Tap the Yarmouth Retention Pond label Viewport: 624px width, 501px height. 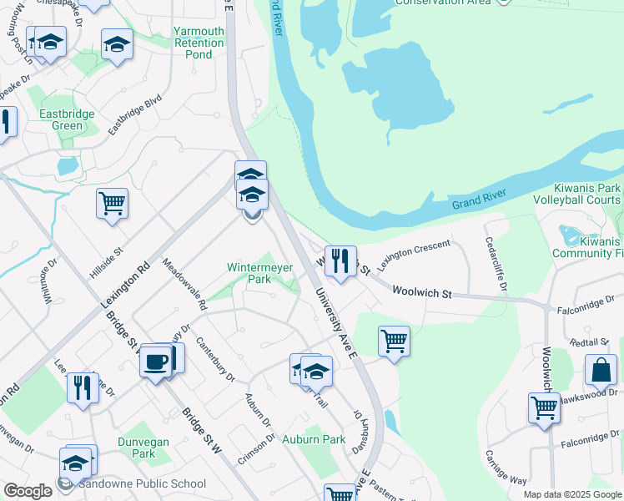pyautogui.click(x=199, y=43)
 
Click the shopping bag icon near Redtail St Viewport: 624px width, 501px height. pyautogui.click(x=601, y=371)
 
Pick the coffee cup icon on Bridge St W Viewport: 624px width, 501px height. pyautogui.click(x=156, y=362)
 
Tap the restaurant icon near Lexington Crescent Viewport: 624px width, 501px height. pyautogui.click(x=340, y=262)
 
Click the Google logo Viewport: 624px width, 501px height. pyautogui.click(x=28, y=491)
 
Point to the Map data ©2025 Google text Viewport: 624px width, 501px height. pyautogui.click(x=572, y=494)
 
